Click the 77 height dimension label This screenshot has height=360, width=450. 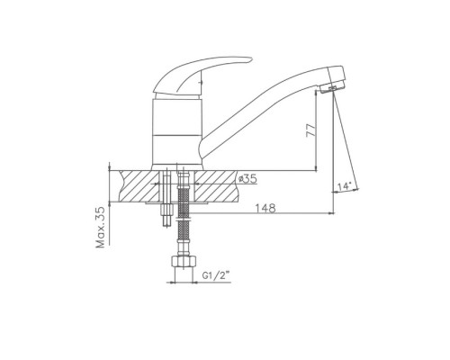point(310,130)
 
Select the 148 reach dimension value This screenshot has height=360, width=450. point(265,208)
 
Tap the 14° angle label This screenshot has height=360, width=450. point(344,186)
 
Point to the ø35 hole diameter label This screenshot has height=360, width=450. point(247,179)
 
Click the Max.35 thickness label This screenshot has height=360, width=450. point(101,227)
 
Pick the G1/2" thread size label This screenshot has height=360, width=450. point(216,275)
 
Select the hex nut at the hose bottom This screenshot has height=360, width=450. point(184,261)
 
